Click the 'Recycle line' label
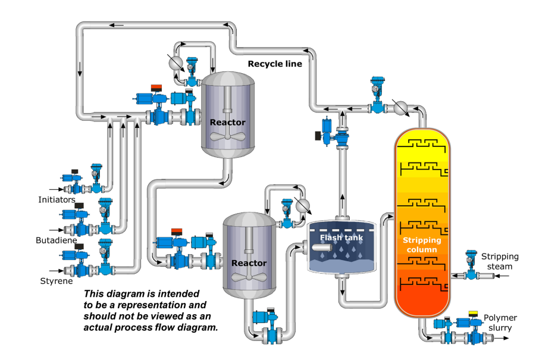(275, 64)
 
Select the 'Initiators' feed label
(57, 200)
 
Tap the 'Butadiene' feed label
(55, 240)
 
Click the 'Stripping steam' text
(500, 261)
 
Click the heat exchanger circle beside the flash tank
(303, 206)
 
